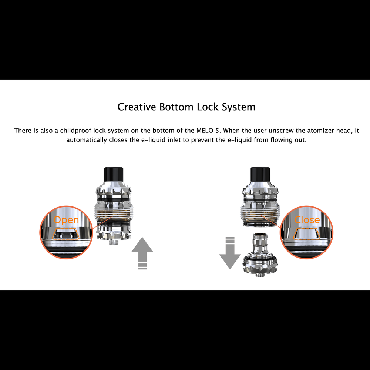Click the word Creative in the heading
pos(137,107)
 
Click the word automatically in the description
pos(87,140)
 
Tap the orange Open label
pos(66,220)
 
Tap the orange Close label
pos(307,220)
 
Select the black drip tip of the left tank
pos(114,175)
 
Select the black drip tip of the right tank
pos(260,175)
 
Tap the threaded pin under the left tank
pos(114,242)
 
